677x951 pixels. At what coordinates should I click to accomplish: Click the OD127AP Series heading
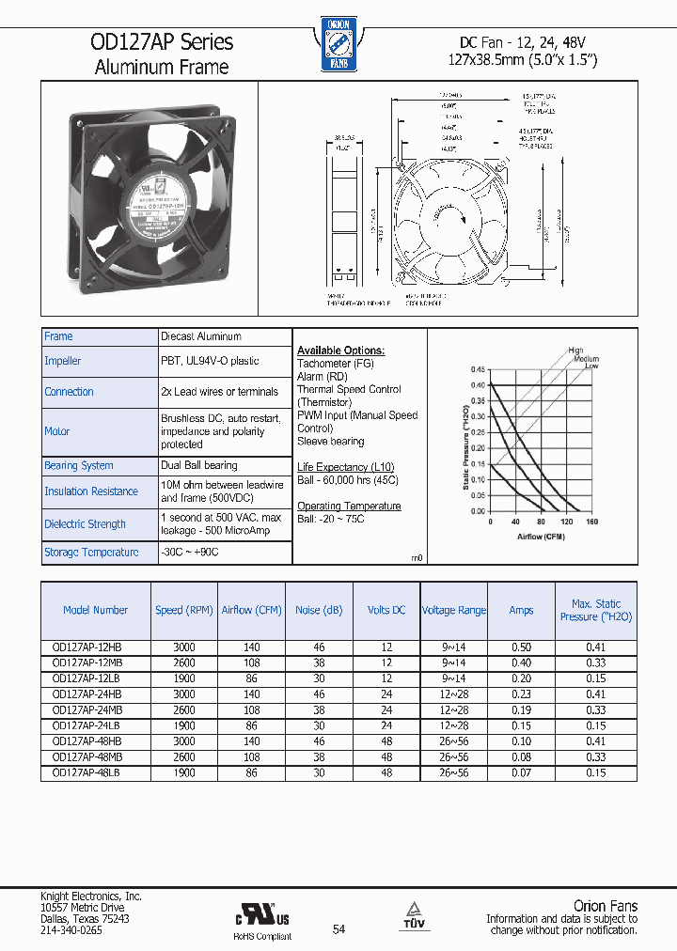pyautogui.click(x=162, y=42)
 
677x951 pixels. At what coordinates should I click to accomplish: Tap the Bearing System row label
pyautogui.click(x=79, y=466)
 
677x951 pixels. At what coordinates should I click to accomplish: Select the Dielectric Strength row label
pyautogui.click(x=86, y=524)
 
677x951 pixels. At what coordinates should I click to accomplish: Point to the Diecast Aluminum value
pyautogui.click(x=201, y=336)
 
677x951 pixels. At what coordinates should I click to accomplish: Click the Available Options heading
pyautogui.click(x=340, y=351)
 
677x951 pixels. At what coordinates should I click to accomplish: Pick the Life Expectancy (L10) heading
pyautogui.click(x=345, y=467)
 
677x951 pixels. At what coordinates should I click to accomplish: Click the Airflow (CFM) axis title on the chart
pyautogui.click(x=541, y=536)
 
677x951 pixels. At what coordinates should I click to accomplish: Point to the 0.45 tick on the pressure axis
pyautogui.click(x=478, y=370)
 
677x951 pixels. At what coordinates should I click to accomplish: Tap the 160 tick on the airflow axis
pyautogui.click(x=591, y=521)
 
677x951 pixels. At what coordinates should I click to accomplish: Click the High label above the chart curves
pyautogui.click(x=575, y=351)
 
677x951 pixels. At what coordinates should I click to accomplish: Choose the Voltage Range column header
pyautogui.click(x=453, y=611)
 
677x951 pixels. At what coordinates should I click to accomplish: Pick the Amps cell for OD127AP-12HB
pyautogui.click(x=521, y=647)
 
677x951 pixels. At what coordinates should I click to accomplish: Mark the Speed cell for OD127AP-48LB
pyautogui.click(x=184, y=772)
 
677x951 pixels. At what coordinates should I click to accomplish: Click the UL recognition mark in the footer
pyautogui.click(x=262, y=914)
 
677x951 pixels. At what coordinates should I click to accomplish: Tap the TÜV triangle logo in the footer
pyautogui.click(x=412, y=912)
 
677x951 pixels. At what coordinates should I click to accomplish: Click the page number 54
pyautogui.click(x=338, y=929)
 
